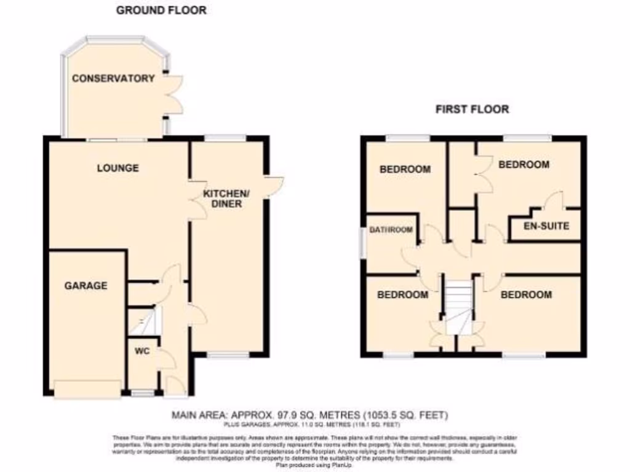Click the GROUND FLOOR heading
(161, 10)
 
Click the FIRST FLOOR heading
(472, 109)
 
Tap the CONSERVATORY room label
(113, 79)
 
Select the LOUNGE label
(118, 168)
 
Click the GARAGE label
(86, 285)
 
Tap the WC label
(143, 353)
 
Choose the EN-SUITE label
(546, 226)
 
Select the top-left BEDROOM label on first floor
(405, 169)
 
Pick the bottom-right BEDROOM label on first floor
(526, 294)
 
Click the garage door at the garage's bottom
(87, 390)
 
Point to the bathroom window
(362, 244)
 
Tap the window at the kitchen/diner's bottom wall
(228, 355)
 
